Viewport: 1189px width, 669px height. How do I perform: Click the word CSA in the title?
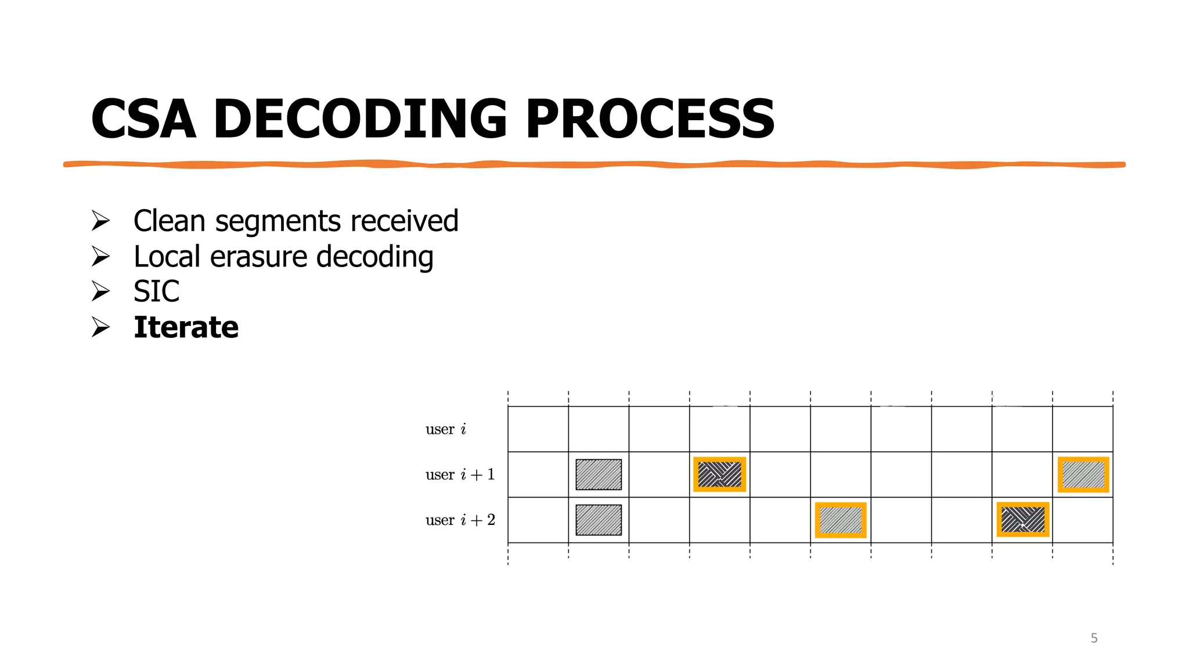click(x=143, y=119)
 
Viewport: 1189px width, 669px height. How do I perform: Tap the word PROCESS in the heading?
click(x=650, y=119)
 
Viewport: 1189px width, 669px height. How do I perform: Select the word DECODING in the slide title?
click(x=360, y=119)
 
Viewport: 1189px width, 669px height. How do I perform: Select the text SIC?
click(x=156, y=292)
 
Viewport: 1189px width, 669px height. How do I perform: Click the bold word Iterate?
click(x=186, y=327)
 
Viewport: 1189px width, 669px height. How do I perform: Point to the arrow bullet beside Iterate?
click(x=100, y=327)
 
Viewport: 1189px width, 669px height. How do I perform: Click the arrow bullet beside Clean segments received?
click(x=100, y=221)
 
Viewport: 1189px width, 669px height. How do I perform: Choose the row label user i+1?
click(x=460, y=474)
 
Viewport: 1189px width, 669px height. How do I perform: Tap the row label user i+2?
click(x=460, y=520)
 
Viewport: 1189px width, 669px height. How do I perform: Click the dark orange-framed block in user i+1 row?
click(x=719, y=474)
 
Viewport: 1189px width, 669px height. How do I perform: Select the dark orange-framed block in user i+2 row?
click(x=1023, y=520)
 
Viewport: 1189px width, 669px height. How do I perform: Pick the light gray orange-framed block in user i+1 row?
click(x=1083, y=474)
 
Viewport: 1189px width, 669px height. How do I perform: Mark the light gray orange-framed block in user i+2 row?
click(x=841, y=520)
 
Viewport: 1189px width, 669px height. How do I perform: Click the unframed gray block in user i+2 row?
click(x=599, y=520)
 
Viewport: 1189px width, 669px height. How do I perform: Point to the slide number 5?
click(x=1094, y=638)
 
